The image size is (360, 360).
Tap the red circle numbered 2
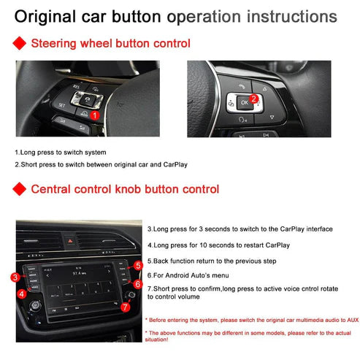tap(253, 98)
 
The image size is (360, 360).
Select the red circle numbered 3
tap(15, 277)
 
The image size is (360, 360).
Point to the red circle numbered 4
tap(23, 294)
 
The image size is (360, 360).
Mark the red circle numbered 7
tap(126, 307)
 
